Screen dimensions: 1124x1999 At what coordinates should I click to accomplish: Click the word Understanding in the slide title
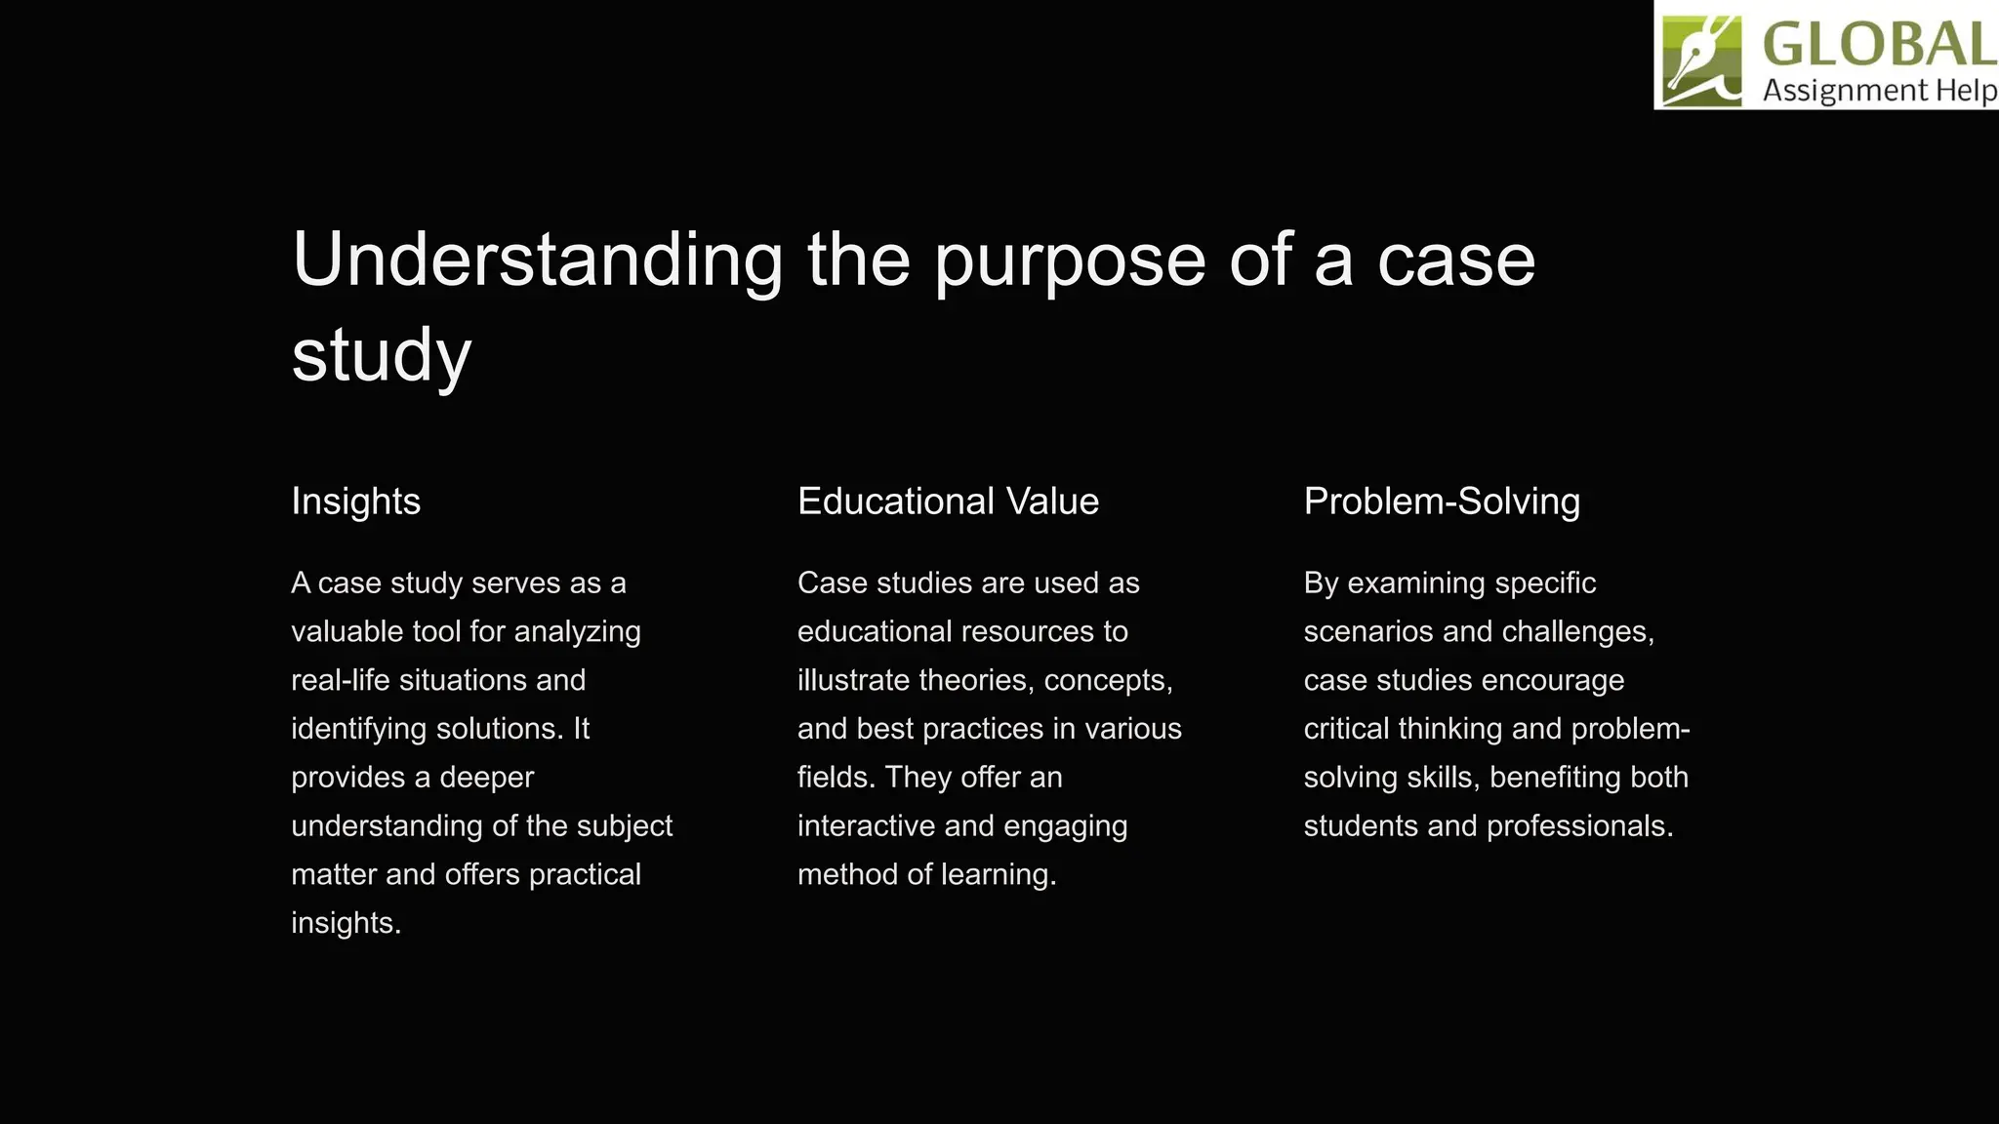(x=537, y=261)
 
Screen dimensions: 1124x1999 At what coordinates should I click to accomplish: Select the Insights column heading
(x=355, y=502)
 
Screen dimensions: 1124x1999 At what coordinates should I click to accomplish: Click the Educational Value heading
(x=948, y=502)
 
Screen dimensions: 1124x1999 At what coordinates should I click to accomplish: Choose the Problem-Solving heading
(x=1442, y=502)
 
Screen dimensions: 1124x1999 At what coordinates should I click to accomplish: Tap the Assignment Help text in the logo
(x=1879, y=91)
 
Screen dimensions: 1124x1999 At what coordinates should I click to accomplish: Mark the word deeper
(x=486, y=778)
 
